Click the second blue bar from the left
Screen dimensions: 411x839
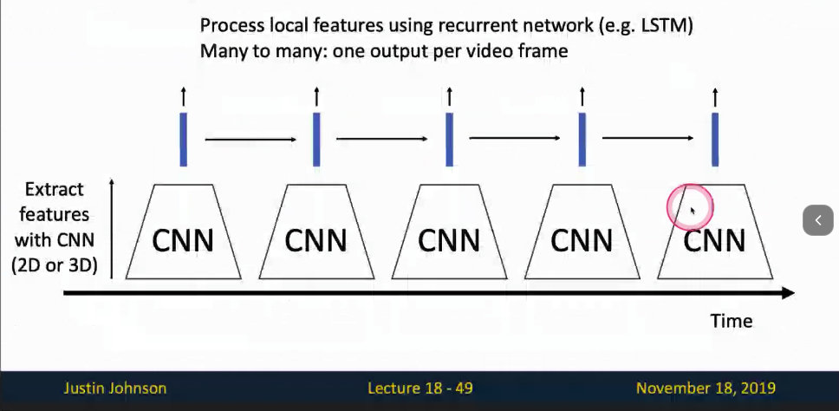click(316, 139)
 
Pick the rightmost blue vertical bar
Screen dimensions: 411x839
click(715, 139)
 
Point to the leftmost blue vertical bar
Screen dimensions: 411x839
click(183, 139)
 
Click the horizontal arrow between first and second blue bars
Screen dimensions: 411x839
click(250, 139)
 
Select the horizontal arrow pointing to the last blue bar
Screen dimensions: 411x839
click(648, 139)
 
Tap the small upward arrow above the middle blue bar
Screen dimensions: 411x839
click(449, 95)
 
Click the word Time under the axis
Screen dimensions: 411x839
click(732, 321)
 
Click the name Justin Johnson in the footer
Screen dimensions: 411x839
click(115, 388)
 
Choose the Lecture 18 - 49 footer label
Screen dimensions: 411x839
click(420, 388)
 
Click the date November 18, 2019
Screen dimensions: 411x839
click(706, 388)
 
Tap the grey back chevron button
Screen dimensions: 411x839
click(818, 220)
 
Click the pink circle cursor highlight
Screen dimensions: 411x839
click(690, 206)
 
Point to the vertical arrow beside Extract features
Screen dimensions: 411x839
click(113, 225)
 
